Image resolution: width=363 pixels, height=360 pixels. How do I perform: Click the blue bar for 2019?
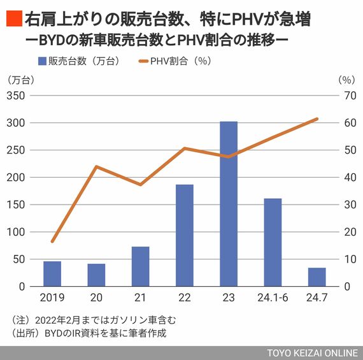coord(52,274)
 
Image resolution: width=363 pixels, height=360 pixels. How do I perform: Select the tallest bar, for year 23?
coord(229,204)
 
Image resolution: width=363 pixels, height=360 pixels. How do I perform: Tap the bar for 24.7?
coord(317,277)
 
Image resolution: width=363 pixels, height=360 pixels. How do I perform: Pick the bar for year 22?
coord(185,235)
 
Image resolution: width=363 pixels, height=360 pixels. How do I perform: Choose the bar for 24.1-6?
coord(273,242)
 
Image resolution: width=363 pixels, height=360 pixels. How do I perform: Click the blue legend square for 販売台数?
coord(42,61)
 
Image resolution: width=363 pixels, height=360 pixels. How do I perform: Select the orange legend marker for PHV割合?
coord(143,61)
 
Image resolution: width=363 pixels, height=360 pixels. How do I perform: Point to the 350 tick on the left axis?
coord(16,96)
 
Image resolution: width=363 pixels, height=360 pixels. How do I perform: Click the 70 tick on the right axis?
coord(350,96)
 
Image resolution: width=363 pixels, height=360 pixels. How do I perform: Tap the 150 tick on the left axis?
coord(16,205)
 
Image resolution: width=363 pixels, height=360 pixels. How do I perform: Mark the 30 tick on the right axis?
coord(350,205)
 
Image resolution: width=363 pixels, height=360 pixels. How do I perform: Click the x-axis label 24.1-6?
coord(273,298)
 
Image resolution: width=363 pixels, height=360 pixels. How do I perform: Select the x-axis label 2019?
coord(52,298)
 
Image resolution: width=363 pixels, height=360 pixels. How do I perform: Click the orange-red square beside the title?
coord(15,18)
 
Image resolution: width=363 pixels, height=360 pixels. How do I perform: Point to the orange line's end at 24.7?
coord(317,119)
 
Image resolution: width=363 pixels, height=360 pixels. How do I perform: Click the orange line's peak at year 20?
coord(97,166)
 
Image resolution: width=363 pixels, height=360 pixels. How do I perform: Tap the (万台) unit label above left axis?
coord(21,80)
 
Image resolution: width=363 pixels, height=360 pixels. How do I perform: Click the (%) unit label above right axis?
coord(346,80)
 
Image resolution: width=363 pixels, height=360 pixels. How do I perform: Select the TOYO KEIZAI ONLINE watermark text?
coord(313,353)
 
